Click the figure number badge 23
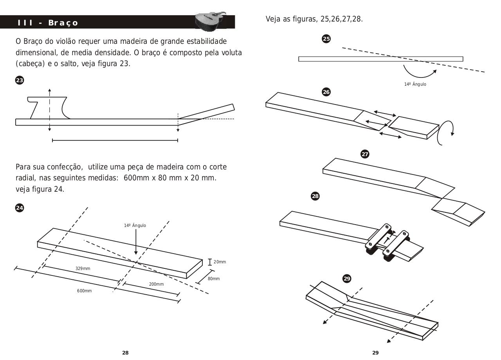tap(19, 80)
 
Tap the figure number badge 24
tap(19, 208)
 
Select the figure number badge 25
tap(326, 39)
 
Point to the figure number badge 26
tap(326, 92)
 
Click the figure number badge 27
tap(365, 154)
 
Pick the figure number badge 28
tap(315, 196)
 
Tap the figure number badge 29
tap(347, 279)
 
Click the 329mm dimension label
tap(83, 269)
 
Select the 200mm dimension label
tap(157, 284)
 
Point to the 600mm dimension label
tap(84, 291)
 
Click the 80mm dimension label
tap(214, 279)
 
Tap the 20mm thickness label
tap(220, 262)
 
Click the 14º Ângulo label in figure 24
tap(135, 225)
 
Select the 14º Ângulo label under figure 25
tap(415, 84)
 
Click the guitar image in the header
tap(212, 21)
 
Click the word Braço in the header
tap(63, 23)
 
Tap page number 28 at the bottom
tap(125, 353)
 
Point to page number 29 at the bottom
tap(375, 353)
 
